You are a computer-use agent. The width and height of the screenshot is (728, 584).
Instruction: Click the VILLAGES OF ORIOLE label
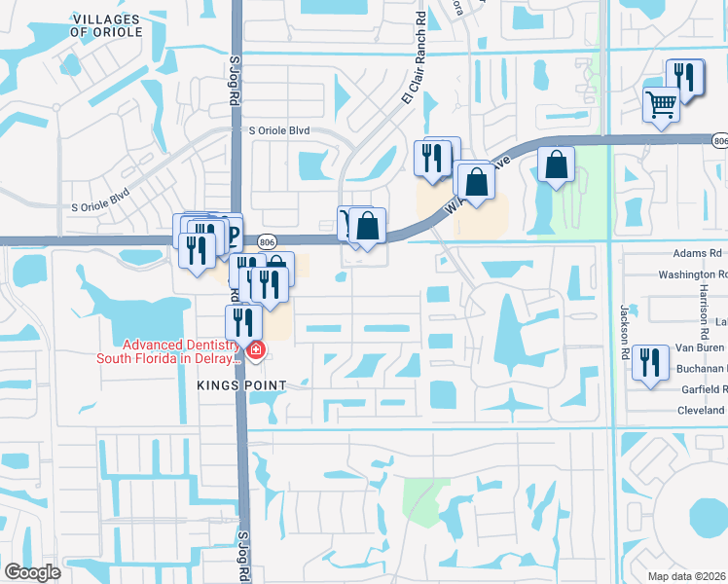click(x=107, y=25)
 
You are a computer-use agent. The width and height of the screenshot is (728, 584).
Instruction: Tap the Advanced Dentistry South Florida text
click(x=167, y=351)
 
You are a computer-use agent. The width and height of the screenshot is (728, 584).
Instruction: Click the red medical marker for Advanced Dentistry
click(x=255, y=349)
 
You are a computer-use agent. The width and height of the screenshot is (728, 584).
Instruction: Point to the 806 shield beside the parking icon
click(x=265, y=240)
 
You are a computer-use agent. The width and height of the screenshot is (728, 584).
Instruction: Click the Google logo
click(x=32, y=572)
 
